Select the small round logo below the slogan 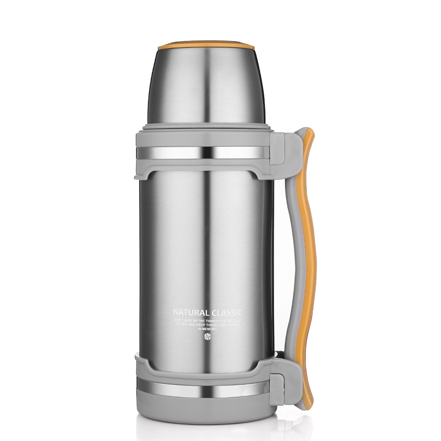click(x=207, y=336)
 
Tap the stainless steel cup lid click(x=206, y=84)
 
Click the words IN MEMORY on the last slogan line click(x=207, y=328)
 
